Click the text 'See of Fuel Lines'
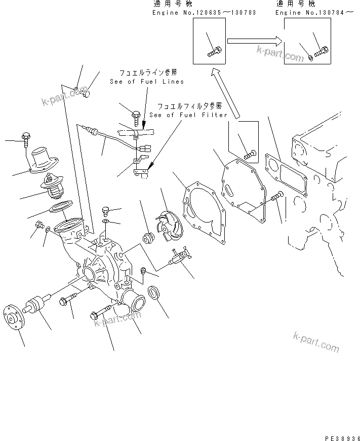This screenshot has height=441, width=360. tap(147, 81)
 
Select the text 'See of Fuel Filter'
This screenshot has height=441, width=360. tap(189, 115)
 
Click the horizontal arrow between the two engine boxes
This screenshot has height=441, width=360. tap(254, 41)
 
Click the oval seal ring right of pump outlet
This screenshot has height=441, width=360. tap(155, 293)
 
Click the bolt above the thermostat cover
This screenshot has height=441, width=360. tap(26, 138)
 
